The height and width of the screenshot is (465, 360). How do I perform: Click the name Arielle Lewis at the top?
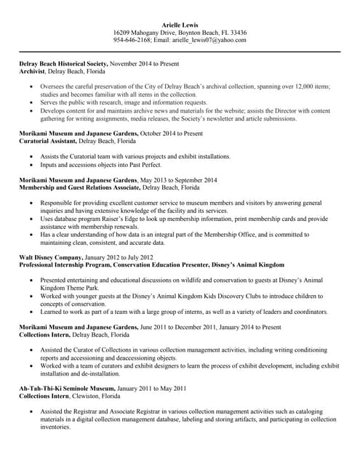point(180,24)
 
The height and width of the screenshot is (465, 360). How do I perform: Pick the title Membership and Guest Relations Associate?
point(81,187)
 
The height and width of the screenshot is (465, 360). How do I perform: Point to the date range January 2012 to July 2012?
point(121,256)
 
